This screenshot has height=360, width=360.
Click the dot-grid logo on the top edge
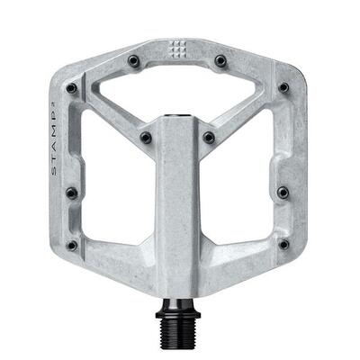(177, 49)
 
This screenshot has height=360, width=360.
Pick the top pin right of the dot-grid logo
(220, 60)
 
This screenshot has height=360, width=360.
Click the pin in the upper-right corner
(283, 88)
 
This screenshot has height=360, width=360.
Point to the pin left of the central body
(145, 138)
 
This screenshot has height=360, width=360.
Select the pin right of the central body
(209, 138)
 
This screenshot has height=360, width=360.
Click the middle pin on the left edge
(71, 192)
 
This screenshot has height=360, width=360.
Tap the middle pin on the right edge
(283, 192)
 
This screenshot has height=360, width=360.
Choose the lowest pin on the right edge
(283, 244)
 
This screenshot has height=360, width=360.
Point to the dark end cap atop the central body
(177, 117)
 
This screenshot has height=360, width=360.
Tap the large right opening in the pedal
(241, 193)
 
